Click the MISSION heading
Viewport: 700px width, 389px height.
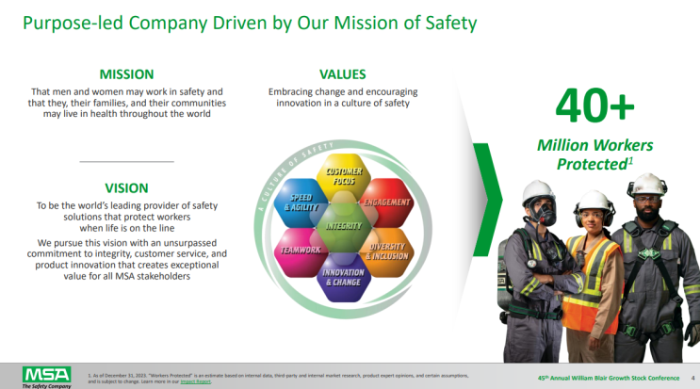[x=126, y=73]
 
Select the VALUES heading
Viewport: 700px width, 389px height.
[x=343, y=73]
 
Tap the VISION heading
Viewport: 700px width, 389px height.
[x=126, y=187]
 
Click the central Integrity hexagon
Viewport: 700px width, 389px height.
[x=345, y=226]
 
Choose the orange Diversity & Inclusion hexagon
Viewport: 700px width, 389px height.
[x=386, y=251]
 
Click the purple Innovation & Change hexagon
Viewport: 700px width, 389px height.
[x=345, y=277]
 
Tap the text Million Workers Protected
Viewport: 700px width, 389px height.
[x=594, y=154]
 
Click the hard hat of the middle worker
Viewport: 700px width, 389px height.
[x=594, y=201]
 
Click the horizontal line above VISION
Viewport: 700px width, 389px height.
[x=126, y=162]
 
